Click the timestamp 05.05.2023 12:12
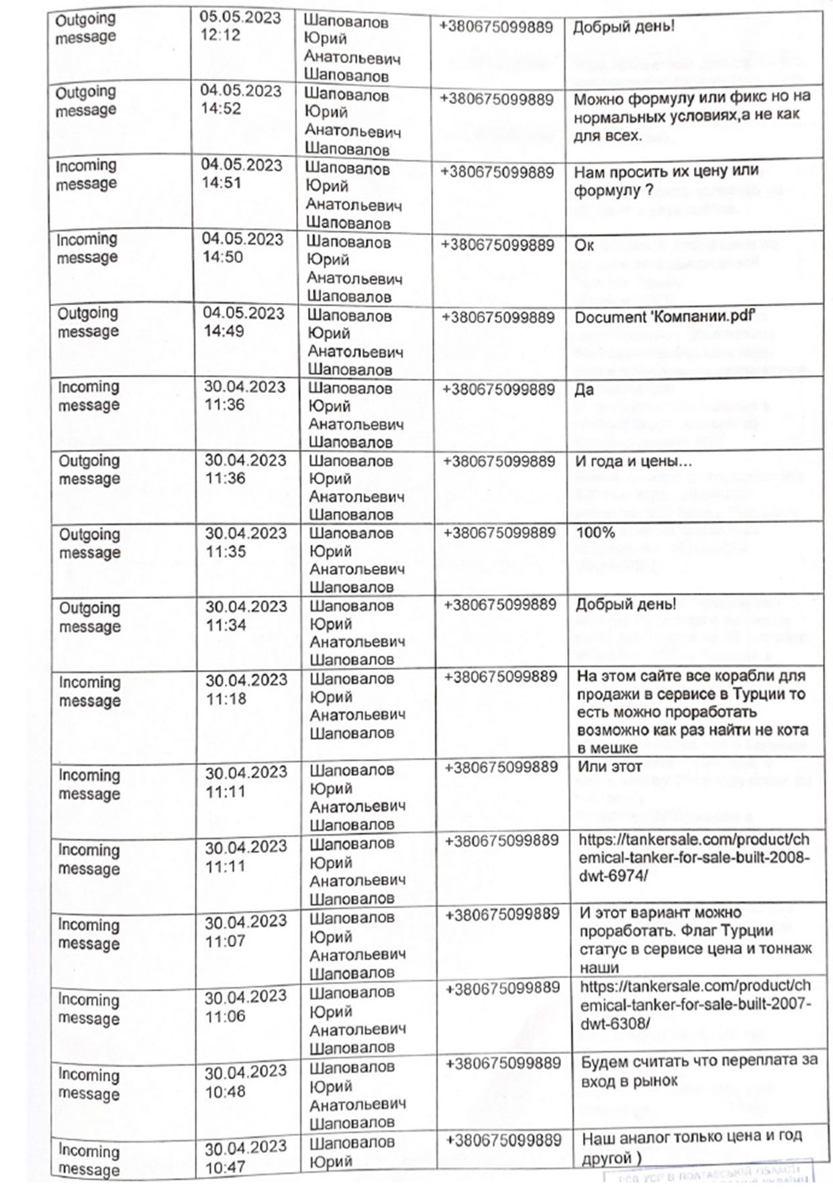click(240, 26)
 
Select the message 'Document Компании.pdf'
click(661, 317)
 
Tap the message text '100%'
click(595, 533)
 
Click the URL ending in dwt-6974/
click(694, 858)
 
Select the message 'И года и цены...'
click(634, 461)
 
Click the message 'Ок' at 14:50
click(584, 245)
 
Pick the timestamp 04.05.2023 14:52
click(240, 99)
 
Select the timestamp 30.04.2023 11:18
click(246, 689)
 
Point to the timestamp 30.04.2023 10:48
click(245, 1082)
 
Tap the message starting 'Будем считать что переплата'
click(698, 1070)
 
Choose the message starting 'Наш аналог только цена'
click(691, 1147)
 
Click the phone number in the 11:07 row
click(501, 915)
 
